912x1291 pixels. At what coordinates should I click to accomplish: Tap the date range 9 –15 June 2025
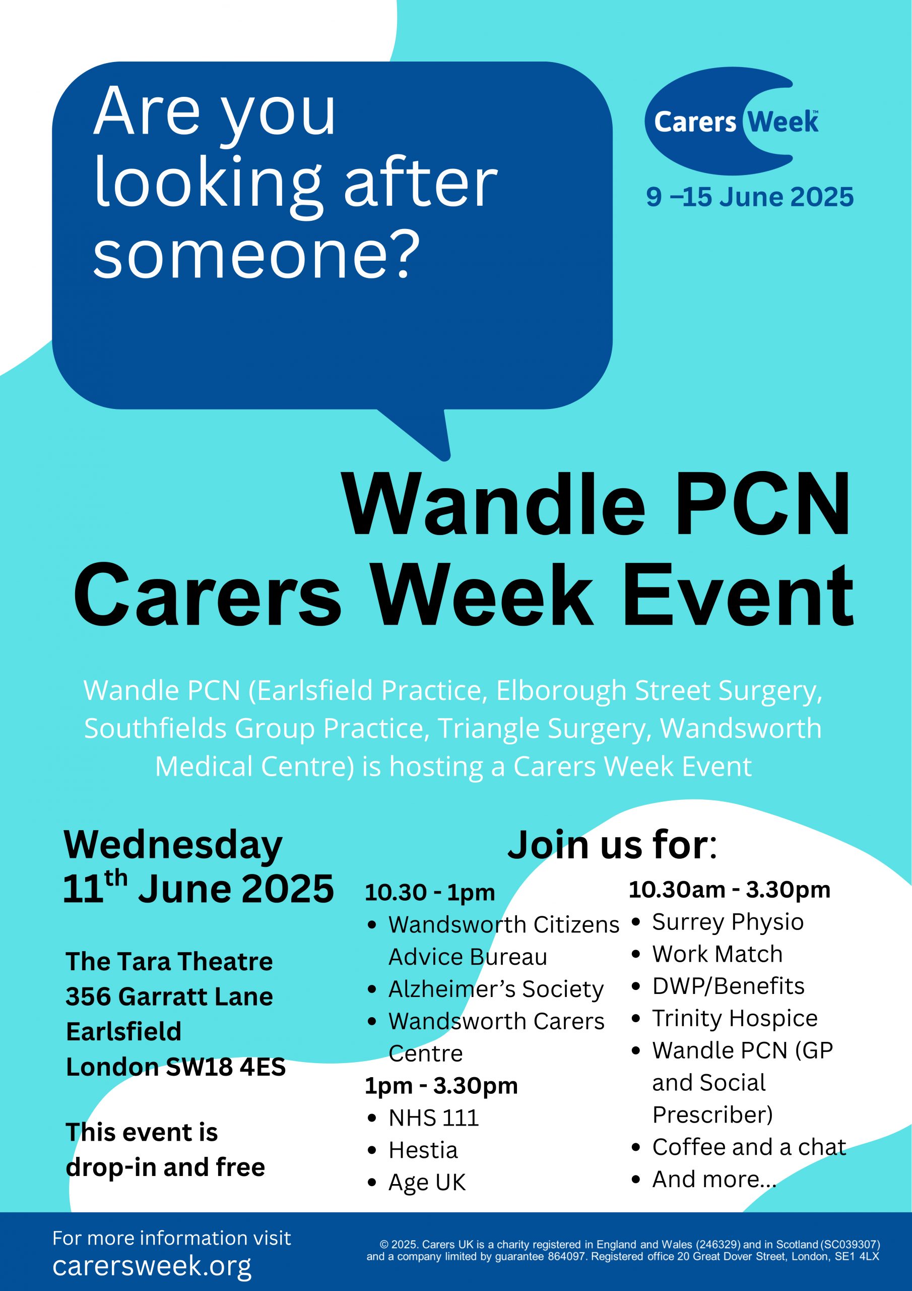[750, 197]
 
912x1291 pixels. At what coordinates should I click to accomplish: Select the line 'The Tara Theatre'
[169, 962]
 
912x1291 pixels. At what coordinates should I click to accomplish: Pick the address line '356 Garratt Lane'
[169, 996]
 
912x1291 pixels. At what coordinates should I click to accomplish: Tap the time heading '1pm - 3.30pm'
[441, 1085]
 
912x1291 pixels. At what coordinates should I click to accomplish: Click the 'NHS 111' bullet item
[433, 1118]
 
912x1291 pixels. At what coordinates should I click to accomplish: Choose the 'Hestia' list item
[423, 1150]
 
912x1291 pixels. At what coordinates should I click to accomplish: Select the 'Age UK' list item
[427, 1183]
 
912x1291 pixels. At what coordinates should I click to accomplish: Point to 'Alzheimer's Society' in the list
[496, 989]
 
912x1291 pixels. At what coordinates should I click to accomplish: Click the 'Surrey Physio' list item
[728, 922]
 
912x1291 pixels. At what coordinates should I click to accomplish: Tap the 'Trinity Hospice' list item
[735, 1018]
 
